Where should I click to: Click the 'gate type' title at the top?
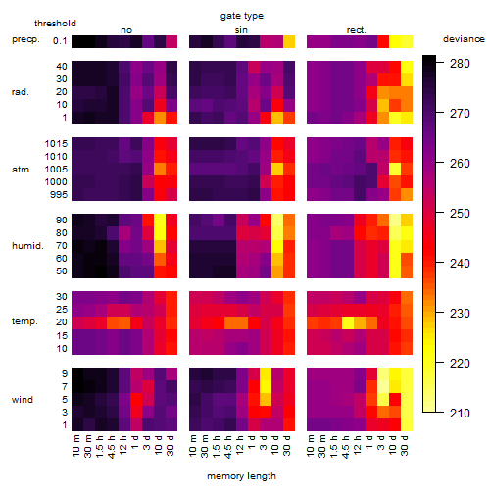(242, 16)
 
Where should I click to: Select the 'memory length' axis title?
(241, 476)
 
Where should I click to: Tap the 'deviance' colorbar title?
(464, 39)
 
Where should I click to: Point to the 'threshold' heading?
(55, 24)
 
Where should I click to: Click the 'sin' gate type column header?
(241, 30)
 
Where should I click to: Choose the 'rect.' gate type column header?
(357, 30)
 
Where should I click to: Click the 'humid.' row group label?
(27, 246)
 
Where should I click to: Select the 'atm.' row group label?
(22, 170)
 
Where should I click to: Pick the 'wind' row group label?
(23, 399)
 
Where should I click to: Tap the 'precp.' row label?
(25, 39)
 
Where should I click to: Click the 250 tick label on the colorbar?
(460, 214)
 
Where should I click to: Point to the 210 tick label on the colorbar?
(460, 414)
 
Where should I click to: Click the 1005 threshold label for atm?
(56, 170)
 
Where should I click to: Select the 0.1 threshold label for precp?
(60, 41)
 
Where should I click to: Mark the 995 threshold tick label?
(59, 195)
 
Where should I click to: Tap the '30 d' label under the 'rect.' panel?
(405, 445)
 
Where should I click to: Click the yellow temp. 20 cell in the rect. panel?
(348, 323)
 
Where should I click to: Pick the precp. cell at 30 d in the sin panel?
(289, 41)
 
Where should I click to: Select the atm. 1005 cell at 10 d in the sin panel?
(277, 170)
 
